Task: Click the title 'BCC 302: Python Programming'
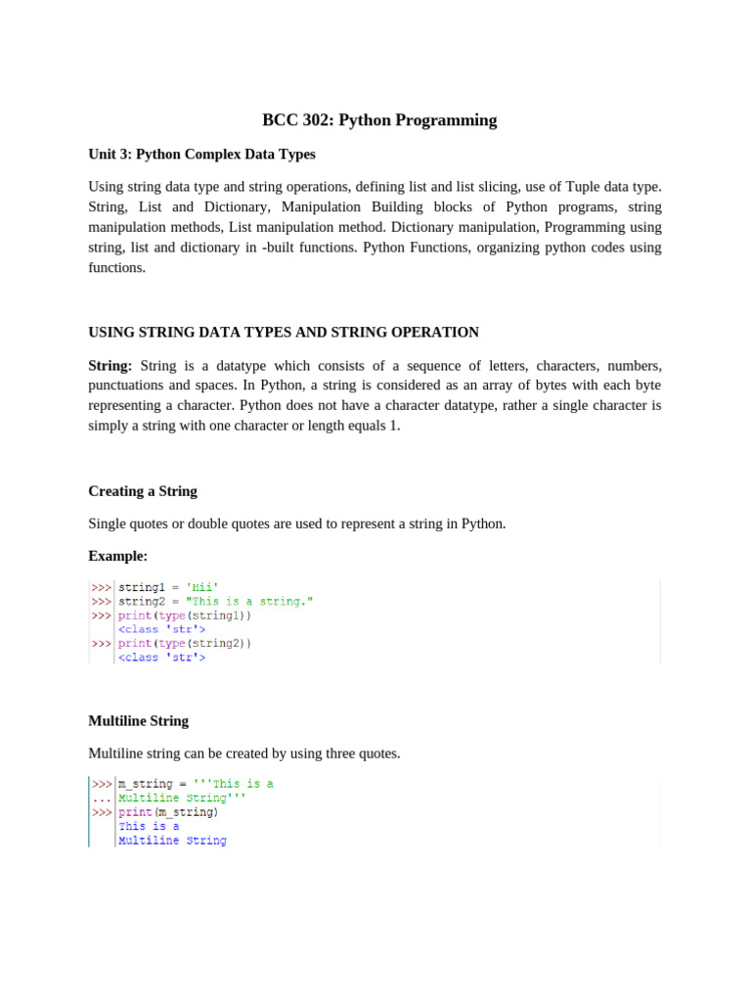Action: (379, 120)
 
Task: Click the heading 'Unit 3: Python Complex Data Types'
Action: (201, 155)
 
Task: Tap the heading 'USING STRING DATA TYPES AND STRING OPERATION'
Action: (284, 333)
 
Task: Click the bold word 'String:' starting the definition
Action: (110, 365)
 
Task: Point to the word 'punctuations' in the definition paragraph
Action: (125, 385)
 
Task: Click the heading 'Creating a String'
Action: (143, 491)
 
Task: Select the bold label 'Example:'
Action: (117, 556)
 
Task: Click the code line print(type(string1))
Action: (185, 615)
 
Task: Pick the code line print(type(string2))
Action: (185, 644)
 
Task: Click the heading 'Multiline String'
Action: (138, 721)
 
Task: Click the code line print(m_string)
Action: (168, 812)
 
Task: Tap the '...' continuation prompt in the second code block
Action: (101, 798)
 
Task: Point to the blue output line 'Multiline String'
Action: (172, 841)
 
